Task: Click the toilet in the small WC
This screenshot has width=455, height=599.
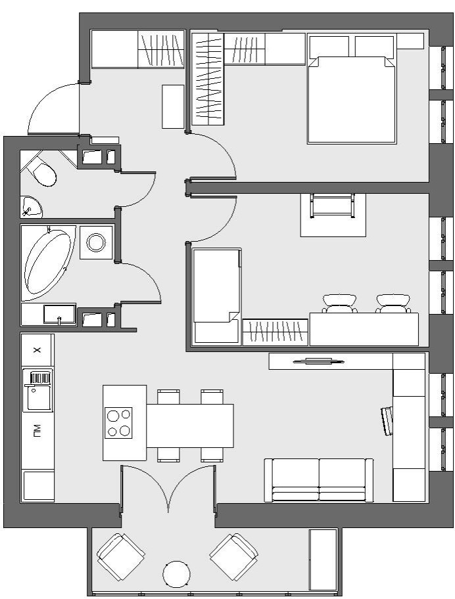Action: click(42, 172)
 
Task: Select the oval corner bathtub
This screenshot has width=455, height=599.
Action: click(48, 263)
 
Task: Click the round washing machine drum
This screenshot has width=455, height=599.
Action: click(96, 242)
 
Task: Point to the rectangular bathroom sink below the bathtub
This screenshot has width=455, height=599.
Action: click(59, 314)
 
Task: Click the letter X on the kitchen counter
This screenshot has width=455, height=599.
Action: click(37, 350)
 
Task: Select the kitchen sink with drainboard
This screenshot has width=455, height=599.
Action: click(37, 389)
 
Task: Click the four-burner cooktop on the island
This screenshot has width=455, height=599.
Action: click(118, 422)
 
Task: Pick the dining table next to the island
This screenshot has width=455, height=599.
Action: click(190, 426)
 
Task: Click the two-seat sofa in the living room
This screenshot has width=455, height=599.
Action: click(318, 480)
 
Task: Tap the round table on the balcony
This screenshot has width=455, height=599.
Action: click(176, 574)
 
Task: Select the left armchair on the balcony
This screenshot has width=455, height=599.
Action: click(120, 558)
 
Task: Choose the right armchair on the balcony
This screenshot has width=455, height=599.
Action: click(233, 558)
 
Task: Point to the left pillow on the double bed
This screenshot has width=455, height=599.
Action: click(329, 47)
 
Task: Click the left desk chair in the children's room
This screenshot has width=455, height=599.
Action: click(340, 303)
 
